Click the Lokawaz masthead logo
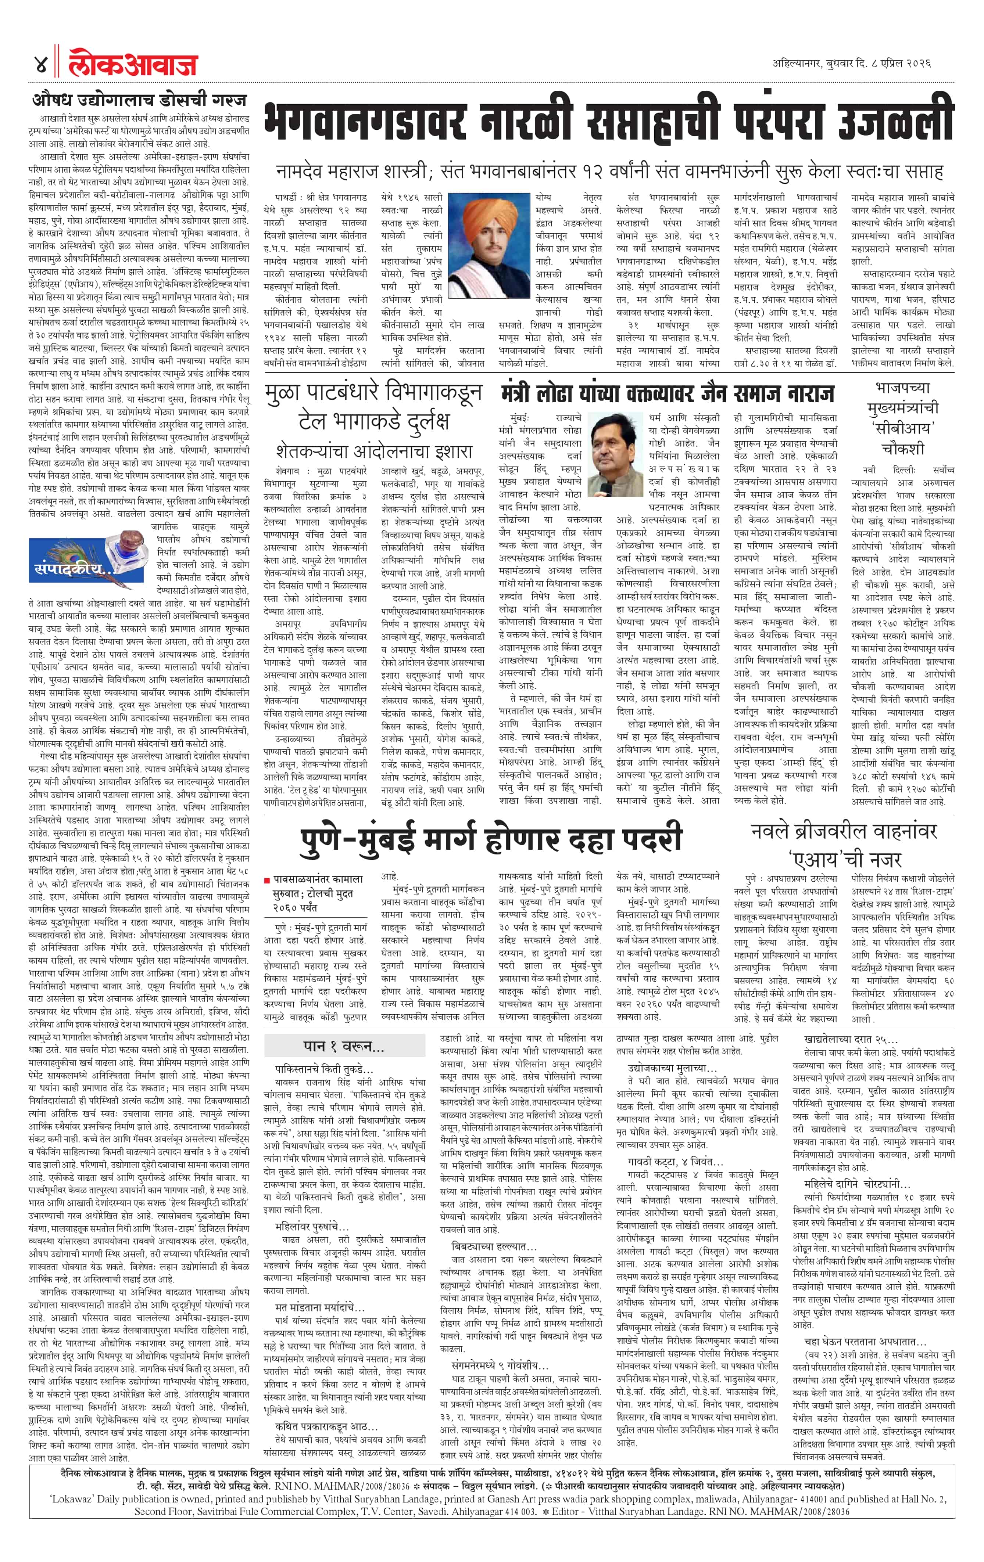pos(133,64)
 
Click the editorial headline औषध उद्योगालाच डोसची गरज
pos(140,101)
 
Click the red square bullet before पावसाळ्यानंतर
pos(266,880)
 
